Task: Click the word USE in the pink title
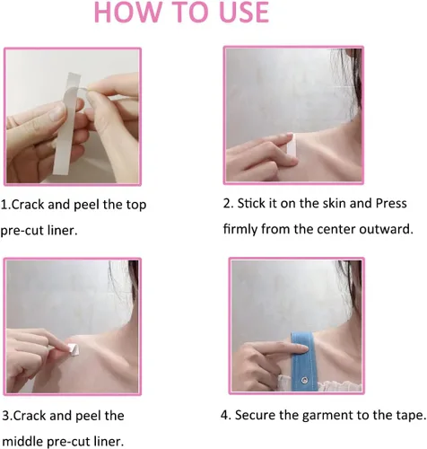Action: pos(244,13)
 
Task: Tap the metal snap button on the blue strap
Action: pos(305,381)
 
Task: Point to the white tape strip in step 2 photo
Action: pos(291,146)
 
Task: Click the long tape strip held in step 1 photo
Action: pos(67,123)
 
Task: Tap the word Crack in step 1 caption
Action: pos(29,205)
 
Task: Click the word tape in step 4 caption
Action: pos(411,416)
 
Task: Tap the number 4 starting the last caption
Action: pos(224,415)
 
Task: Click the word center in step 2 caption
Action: pos(336,229)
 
